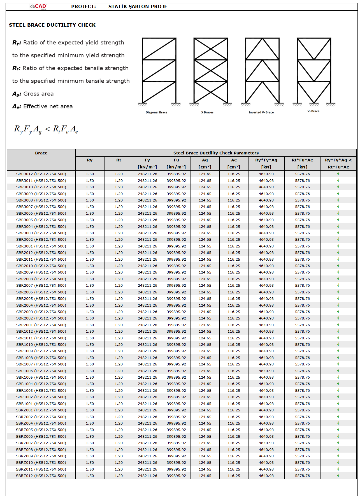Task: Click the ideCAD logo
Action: click(x=38, y=6)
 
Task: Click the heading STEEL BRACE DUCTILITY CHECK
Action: click(x=52, y=25)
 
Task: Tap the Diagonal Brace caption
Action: click(x=156, y=112)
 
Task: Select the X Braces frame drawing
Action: click(x=211, y=71)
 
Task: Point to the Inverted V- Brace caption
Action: click(x=261, y=112)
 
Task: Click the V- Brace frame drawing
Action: click(x=314, y=71)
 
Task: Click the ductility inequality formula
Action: click(x=46, y=129)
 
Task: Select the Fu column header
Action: click(x=176, y=160)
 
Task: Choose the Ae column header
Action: click(x=234, y=160)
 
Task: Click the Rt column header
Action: click(x=119, y=160)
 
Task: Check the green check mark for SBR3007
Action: click(x=338, y=207)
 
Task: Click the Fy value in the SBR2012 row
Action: click(x=147, y=253)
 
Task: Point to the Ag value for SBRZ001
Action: click(x=205, y=410)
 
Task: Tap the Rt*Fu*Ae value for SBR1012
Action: click(x=302, y=332)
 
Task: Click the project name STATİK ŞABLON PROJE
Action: click(x=138, y=6)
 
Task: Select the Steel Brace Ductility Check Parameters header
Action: click(x=216, y=153)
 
